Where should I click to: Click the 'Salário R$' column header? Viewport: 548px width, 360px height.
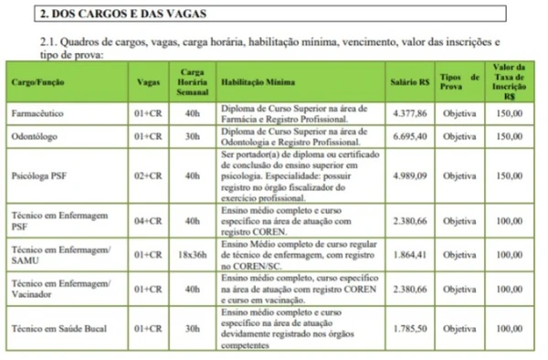coord(410,82)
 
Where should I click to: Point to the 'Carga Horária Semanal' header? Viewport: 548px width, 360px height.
coord(192,82)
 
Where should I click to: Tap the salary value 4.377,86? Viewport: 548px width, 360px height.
coord(410,114)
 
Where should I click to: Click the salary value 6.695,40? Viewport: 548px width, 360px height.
coord(410,136)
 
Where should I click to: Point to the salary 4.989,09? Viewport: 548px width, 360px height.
coord(410,175)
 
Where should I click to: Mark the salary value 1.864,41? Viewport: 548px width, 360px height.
coord(410,254)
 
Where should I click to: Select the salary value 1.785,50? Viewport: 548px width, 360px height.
coord(410,326)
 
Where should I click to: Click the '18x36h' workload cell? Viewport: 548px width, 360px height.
coord(192,254)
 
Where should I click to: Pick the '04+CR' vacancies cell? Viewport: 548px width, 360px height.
coord(147,220)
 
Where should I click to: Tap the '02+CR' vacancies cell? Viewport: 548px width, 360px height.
coord(147,175)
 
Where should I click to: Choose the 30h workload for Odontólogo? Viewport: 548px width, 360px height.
coord(192,136)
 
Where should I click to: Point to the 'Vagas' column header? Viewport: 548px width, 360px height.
coord(147,82)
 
